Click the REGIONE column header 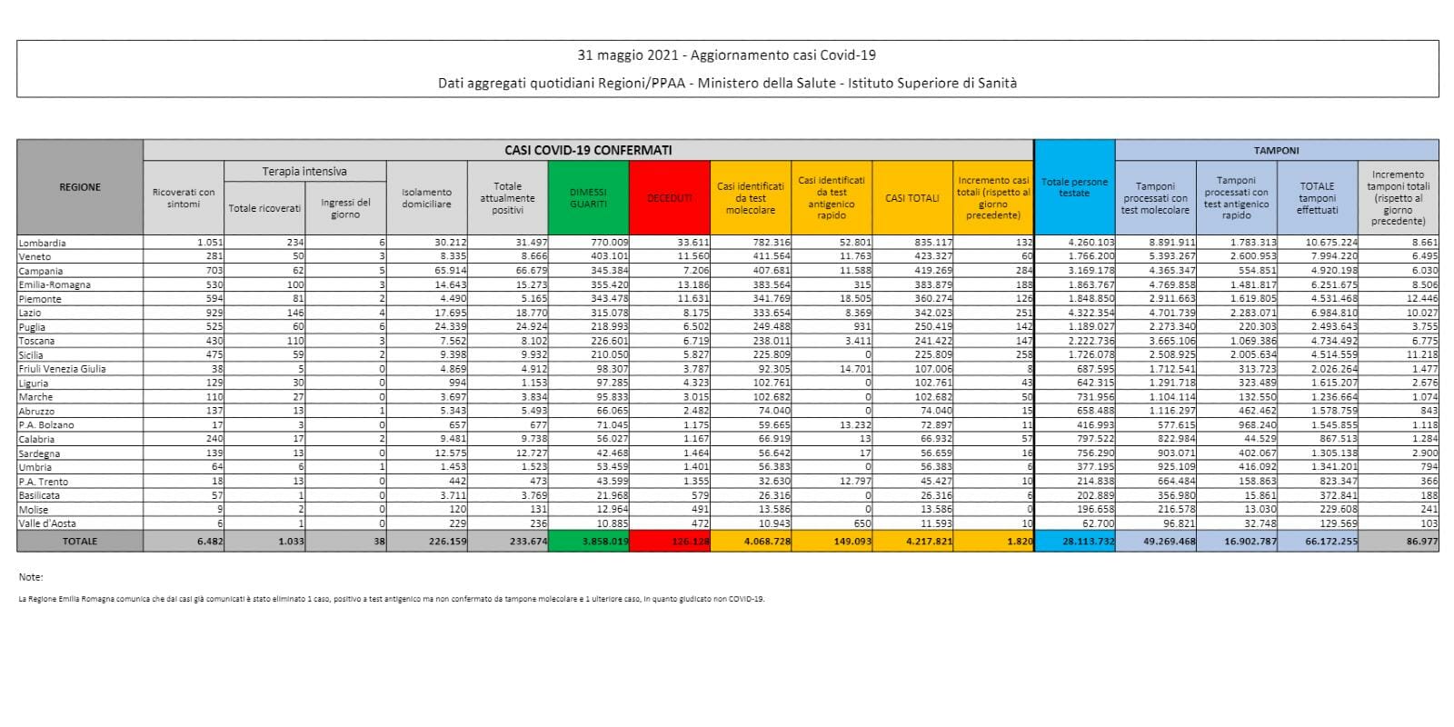80,187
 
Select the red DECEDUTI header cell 669,198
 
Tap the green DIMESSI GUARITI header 588,198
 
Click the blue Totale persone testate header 1074,187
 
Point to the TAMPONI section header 1276,150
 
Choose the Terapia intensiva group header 304,171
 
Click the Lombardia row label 42,243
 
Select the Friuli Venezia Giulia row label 62,369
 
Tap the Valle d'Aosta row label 47,523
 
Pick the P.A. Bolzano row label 46,425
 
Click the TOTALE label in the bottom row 79,541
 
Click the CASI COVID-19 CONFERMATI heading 588,150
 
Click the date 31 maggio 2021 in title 629,56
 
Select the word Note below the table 30,577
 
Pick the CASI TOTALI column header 912,198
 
